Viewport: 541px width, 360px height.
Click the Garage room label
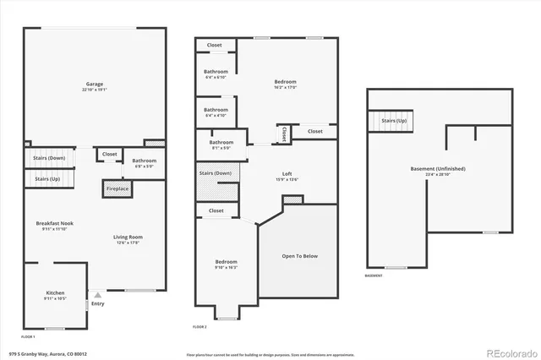click(94, 85)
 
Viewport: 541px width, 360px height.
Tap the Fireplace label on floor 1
click(117, 188)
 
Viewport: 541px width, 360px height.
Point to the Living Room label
click(128, 238)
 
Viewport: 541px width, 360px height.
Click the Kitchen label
click(54, 294)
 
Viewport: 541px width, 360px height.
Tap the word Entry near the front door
click(98, 303)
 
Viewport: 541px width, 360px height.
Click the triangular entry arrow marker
click(96, 295)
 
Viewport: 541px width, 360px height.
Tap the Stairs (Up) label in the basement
click(394, 121)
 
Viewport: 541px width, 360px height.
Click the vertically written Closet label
click(284, 134)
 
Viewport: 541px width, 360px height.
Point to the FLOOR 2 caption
click(199, 326)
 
